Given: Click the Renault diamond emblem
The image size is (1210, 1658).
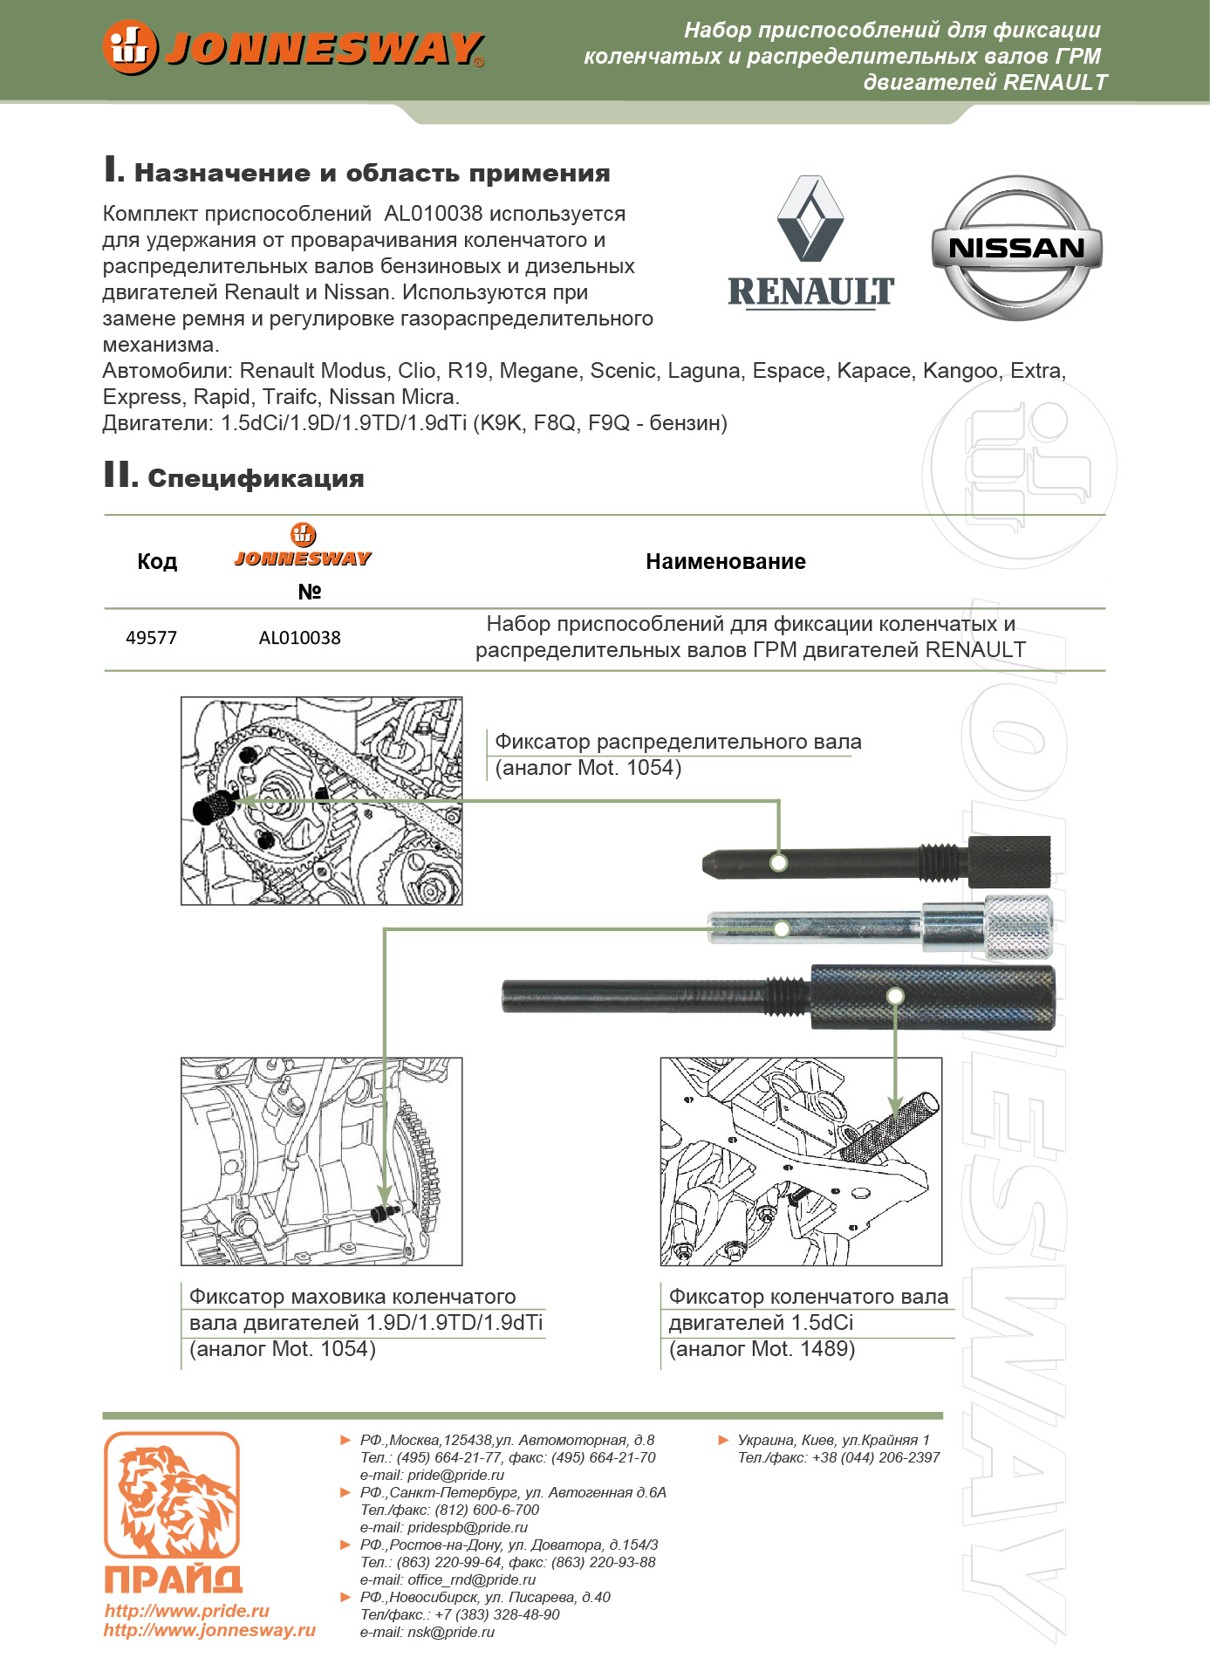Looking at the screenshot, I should click(x=810, y=219).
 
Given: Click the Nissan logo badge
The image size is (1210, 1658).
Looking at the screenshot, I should click(x=1016, y=248).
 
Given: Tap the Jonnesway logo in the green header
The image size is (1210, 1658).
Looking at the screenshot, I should click(x=293, y=48).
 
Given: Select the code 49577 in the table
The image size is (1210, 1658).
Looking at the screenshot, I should click(x=151, y=638).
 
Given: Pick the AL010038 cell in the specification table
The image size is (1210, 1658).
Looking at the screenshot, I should click(x=299, y=638).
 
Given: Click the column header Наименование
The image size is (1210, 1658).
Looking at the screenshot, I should click(x=725, y=562).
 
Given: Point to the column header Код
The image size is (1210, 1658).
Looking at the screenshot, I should click(x=157, y=562).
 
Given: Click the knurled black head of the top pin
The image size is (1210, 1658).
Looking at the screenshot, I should click(x=1009, y=860).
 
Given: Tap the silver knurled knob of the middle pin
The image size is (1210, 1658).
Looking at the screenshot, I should click(x=1018, y=926).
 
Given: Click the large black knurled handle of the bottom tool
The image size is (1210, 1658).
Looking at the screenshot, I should click(x=932, y=997).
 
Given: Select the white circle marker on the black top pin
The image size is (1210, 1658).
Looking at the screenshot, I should click(x=779, y=862).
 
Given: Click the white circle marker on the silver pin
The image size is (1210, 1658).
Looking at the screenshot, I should click(x=782, y=929).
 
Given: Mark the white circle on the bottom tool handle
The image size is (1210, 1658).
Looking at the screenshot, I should click(x=894, y=996).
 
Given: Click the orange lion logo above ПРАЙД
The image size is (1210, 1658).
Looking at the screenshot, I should click(x=172, y=1495).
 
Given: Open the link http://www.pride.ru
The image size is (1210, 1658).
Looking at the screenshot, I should click(x=187, y=1611).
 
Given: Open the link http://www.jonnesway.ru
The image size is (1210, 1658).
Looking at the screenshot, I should click(x=209, y=1630).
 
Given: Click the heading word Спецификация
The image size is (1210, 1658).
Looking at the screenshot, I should click(x=256, y=478).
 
